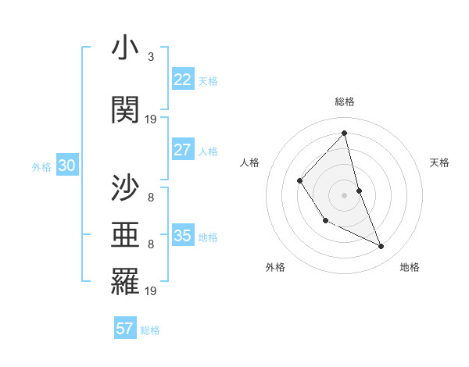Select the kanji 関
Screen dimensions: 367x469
point(125,110)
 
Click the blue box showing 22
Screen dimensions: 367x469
point(182,80)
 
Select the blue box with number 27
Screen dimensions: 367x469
point(182,150)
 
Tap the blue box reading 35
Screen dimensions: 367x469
point(182,236)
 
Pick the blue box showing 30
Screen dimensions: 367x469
point(66,166)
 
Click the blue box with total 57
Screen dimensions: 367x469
point(125,329)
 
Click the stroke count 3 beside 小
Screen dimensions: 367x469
point(150,57)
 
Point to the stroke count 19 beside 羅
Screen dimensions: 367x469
point(151,291)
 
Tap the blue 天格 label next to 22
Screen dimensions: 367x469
point(208,81)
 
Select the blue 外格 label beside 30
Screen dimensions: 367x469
point(41,167)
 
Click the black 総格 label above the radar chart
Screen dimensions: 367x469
point(345,102)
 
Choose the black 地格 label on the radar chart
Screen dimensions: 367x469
point(410,268)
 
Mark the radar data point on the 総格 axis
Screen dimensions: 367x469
point(345,134)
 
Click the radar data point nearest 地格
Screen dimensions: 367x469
point(381,247)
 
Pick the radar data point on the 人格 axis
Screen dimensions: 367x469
point(300,181)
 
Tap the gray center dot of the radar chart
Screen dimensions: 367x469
point(345,194)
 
